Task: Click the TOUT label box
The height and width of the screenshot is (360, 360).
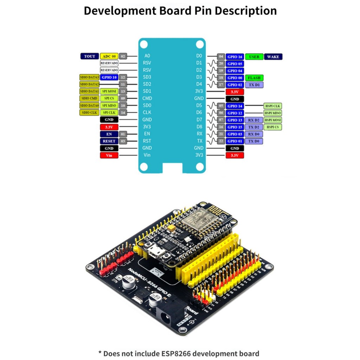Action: pyautogui.click(x=90, y=56)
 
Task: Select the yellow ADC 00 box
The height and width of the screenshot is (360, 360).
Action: pyautogui.click(x=109, y=56)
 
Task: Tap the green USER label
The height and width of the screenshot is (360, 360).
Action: pyautogui.click(x=254, y=57)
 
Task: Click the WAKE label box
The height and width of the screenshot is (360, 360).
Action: pyautogui.click(x=273, y=57)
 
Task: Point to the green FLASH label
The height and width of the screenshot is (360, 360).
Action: pyautogui.click(x=254, y=78)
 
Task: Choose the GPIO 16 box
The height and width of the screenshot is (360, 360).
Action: pyautogui.click(x=234, y=57)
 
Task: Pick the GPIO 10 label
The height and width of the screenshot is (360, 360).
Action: pyautogui.click(x=109, y=77)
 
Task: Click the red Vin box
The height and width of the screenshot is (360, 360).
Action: pyautogui.click(x=109, y=155)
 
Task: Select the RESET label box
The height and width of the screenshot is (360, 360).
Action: pyautogui.click(x=109, y=141)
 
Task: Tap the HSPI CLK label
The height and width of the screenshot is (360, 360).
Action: pyautogui.click(x=273, y=106)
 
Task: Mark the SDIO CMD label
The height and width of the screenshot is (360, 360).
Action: pyautogui.click(x=89, y=98)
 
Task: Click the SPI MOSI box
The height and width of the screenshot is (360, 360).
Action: pyautogui.click(x=109, y=91)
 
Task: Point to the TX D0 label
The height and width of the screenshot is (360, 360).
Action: pyautogui.click(x=254, y=141)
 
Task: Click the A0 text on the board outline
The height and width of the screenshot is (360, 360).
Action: pyautogui.click(x=147, y=56)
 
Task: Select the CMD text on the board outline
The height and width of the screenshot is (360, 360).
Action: pyautogui.click(x=147, y=98)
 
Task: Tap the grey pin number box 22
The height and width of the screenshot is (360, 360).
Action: pyautogui.click(x=221, y=141)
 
